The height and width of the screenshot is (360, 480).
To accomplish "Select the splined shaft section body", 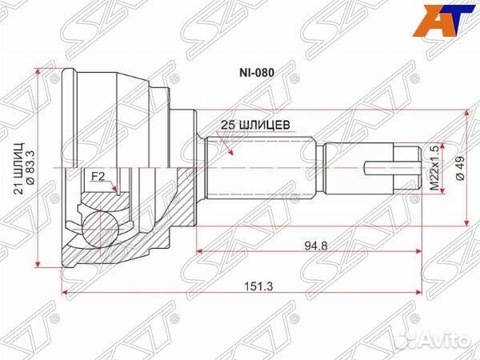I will (260, 169).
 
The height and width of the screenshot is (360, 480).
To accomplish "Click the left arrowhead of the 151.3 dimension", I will (65, 293).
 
